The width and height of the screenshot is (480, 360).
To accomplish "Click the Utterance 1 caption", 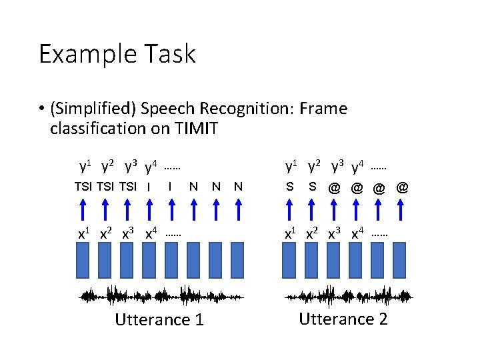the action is (x=159, y=320).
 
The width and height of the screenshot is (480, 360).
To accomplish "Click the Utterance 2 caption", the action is (x=343, y=319).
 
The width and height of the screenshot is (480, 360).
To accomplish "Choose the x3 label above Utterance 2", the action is (x=335, y=234).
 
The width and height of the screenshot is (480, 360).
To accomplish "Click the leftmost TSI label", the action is (x=83, y=187).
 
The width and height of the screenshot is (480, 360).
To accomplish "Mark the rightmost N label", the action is (x=238, y=187).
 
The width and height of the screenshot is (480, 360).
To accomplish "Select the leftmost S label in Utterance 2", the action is (x=289, y=187).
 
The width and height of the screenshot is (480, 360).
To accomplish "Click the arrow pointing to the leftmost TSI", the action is (x=83, y=209).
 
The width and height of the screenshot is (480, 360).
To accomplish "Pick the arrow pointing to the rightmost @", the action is (x=402, y=209).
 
